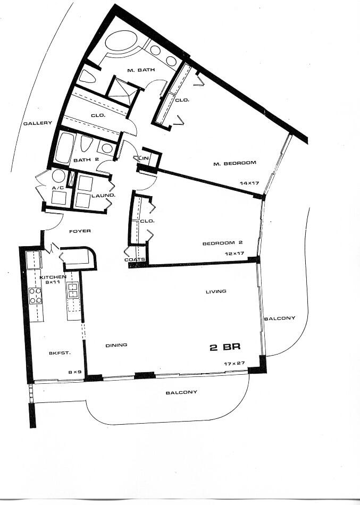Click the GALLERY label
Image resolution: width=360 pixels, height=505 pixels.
click(38, 123)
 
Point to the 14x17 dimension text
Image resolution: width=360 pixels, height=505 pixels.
click(248, 183)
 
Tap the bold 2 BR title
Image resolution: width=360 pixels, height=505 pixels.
click(225, 347)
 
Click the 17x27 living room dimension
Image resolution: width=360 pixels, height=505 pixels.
click(234, 363)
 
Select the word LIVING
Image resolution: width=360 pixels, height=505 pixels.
click(216, 291)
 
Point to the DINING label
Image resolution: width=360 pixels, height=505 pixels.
click(116, 345)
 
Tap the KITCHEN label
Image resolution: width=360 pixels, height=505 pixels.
click(53, 277)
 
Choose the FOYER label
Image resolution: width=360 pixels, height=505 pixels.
click(80, 231)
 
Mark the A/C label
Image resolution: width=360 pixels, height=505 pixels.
click(57, 188)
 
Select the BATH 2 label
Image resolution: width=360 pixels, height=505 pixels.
click(83, 160)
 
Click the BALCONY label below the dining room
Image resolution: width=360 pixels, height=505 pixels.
click(181, 392)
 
